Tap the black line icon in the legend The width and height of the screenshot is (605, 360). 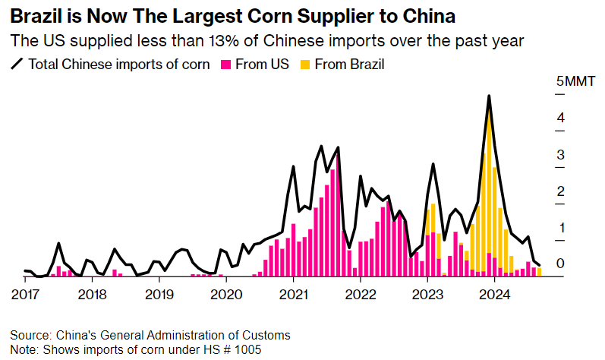17,65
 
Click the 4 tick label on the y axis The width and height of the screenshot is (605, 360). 559,118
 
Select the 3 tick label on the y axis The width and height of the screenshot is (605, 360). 559,155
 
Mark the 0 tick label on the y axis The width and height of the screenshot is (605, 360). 559,264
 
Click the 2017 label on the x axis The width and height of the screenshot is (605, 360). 25,294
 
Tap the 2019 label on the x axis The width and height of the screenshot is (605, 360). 159,294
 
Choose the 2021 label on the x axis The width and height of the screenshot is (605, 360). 293,294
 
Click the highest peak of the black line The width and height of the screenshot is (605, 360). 489,96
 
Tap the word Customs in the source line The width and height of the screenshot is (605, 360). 268,335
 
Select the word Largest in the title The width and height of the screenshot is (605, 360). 210,14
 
